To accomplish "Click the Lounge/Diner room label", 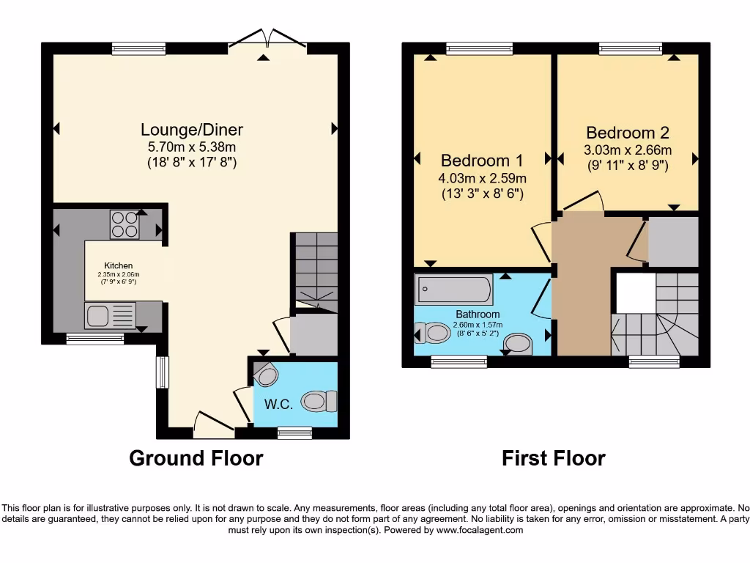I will click(x=192, y=130).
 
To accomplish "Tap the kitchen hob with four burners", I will click(x=124, y=224).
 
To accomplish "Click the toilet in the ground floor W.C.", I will click(x=319, y=400).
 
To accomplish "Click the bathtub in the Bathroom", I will click(x=453, y=290).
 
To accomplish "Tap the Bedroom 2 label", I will click(x=628, y=133).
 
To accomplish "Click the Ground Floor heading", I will click(x=196, y=458).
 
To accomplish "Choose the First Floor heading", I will click(x=554, y=458).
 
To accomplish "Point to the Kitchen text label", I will click(x=118, y=265).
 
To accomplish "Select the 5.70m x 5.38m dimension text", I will click(x=192, y=147).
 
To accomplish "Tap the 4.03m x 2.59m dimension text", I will click(x=483, y=177).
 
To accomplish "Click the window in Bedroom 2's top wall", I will click(x=631, y=48).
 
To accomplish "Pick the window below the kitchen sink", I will click(x=94, y=339).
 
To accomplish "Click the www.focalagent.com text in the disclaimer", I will click(x=480, y=530).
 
